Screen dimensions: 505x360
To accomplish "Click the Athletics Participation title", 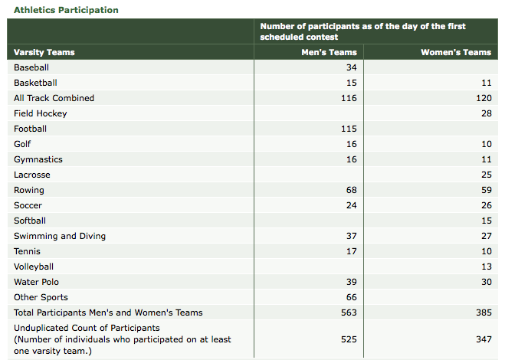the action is pyautogui.click(x=66, y=10).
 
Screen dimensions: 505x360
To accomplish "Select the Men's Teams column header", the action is pyautogui.click(x=329, y=52).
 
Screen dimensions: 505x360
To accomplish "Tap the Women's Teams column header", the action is pyautogui.click(x=456, y=52).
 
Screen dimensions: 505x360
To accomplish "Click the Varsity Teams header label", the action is pyautogui.click(x=44, y=52).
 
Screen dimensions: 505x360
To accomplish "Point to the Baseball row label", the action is pyautogui.click(x=31, y=67).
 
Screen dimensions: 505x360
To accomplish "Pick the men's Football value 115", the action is pyautogui.click(x=349, y=129).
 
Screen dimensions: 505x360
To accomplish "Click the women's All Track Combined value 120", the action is pyautogui.click(x=484, y=98).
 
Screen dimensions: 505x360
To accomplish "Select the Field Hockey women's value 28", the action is pyautogui.click(x=487, y=113).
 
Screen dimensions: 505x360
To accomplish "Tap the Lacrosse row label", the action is pyautogui.click(x=32, y=175).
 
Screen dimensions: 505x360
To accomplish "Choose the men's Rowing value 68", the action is pyautogui.click(x=352, y=190).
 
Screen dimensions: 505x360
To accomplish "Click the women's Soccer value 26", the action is pyautogui.click(x=487, y=205).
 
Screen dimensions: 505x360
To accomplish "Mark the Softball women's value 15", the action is pyautogui.click(x=487, y=221).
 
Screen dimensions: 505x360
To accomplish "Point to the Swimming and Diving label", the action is pyautogui.click(x=60, y=236).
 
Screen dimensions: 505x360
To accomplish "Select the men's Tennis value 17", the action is pyautogui.click(x=352, y=251).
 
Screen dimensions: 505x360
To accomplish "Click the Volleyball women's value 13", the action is pyautogui.click(x=487, y=267).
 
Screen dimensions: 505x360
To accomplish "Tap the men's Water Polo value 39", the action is pyautogui.click(x=352, y=282).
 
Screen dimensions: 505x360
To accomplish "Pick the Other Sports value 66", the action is pyautogui.click(x=352, y=297).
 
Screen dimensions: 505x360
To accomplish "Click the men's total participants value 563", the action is pyautogui.click(x=349, y=313).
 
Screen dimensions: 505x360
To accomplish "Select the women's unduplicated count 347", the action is pyautogui.click(x=484, y=339).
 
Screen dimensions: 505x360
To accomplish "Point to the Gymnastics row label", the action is pyautogui.click(x=38, y=159).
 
